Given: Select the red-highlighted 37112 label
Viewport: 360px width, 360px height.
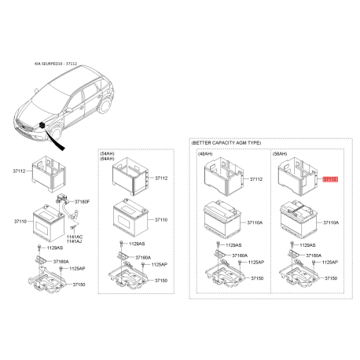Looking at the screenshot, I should [329, 179].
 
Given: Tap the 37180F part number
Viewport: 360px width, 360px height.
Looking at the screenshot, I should [82, 203].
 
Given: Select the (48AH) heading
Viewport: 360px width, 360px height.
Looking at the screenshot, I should [206, 154].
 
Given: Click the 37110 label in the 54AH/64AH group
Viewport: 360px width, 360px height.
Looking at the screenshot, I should [162, 219].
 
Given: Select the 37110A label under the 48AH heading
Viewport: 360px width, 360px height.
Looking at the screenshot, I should [256, 223].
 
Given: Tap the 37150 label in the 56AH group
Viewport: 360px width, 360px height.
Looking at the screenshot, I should [330, 278].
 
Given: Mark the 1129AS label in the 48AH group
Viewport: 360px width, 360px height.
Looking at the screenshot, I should [235, 246].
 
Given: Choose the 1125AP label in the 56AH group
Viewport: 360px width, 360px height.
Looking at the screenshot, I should [329, 261].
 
